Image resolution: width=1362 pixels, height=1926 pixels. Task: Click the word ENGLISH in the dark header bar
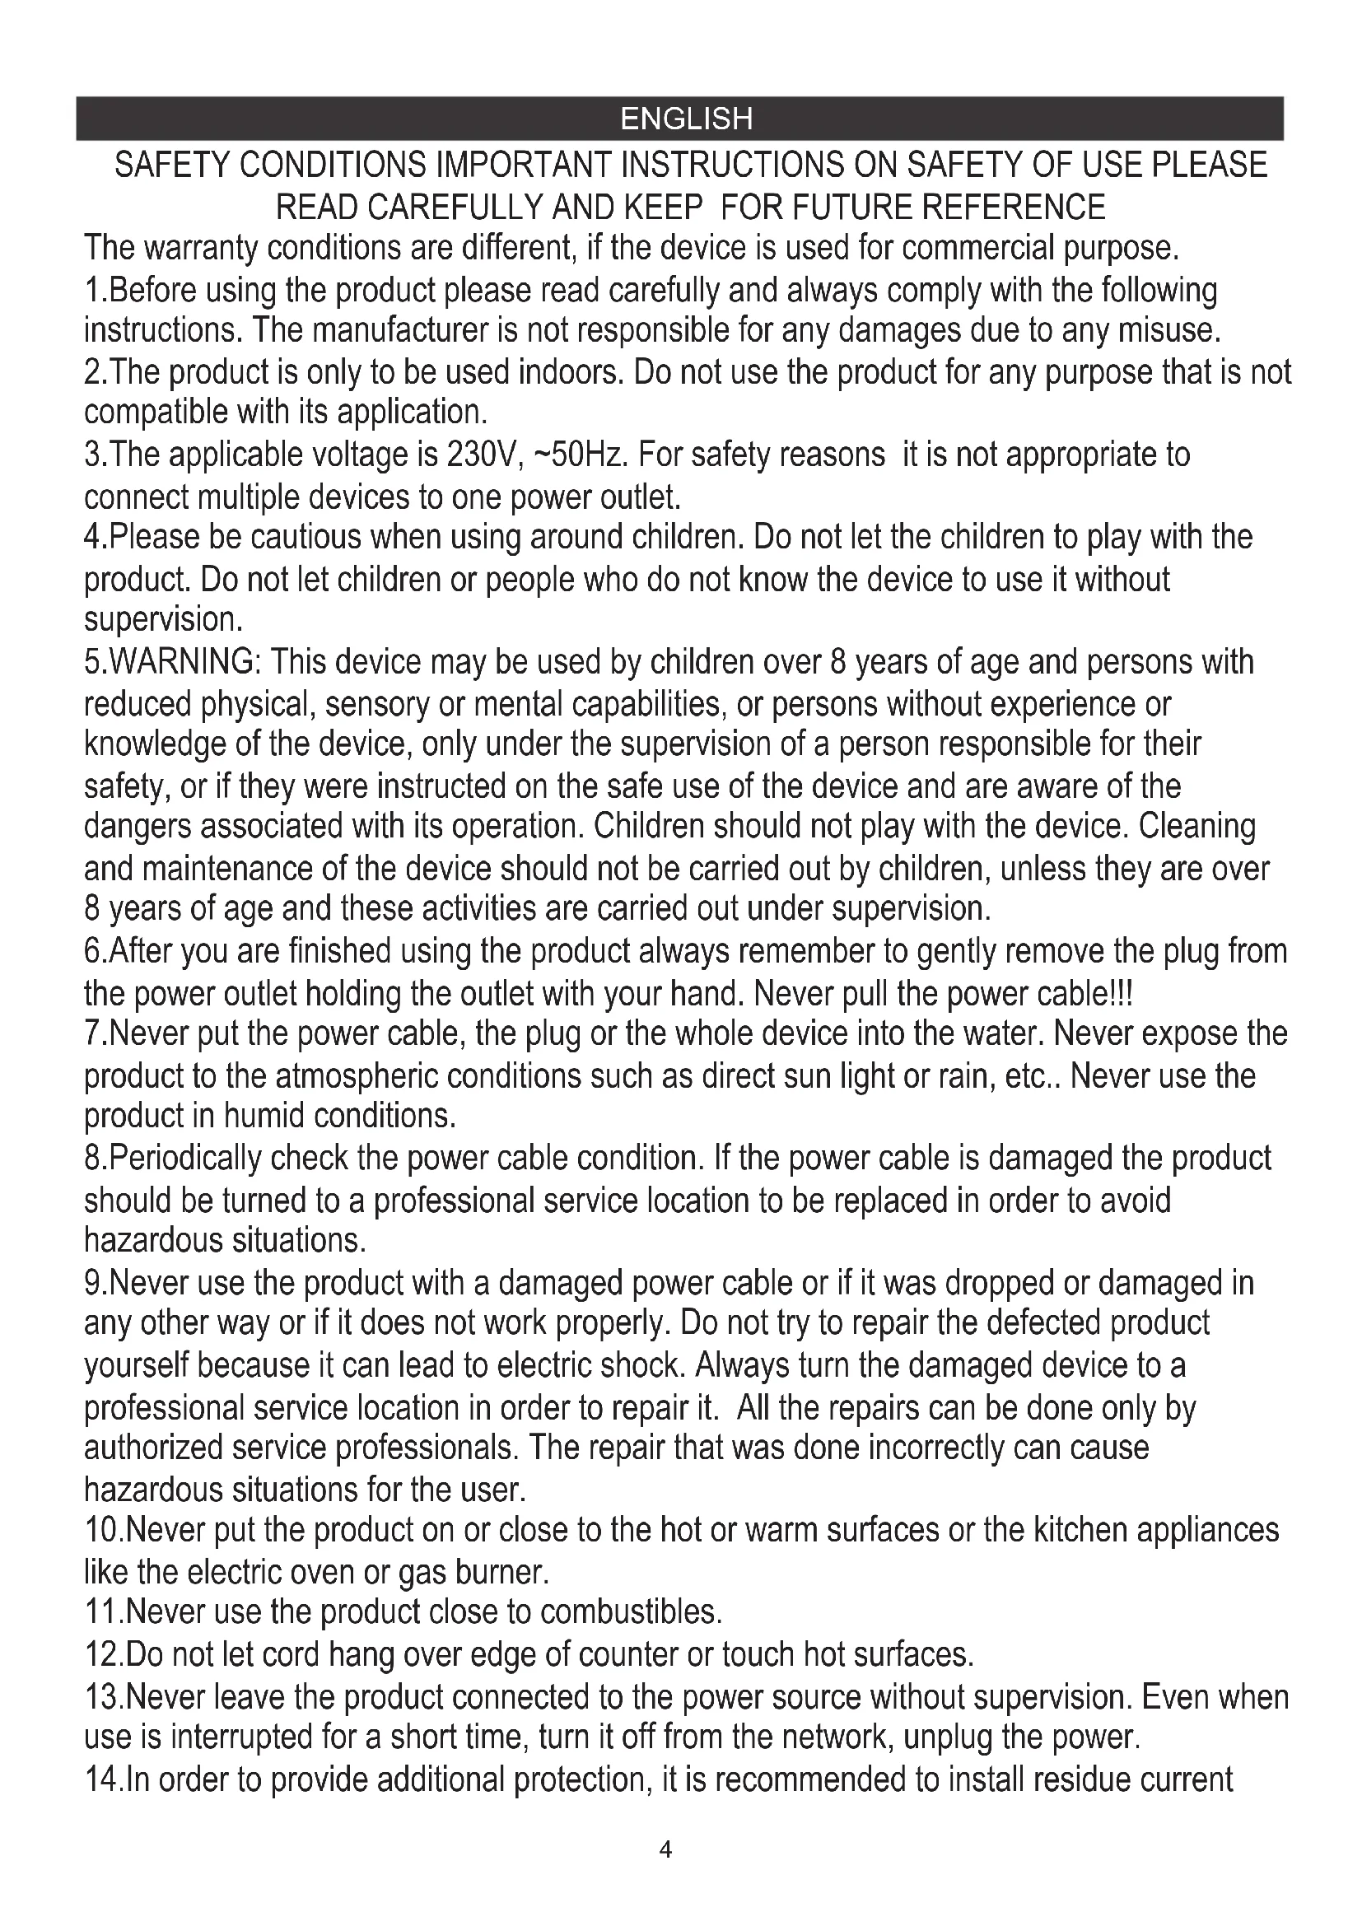(686, 119)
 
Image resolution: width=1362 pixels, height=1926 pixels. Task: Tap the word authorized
(153, 1448)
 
